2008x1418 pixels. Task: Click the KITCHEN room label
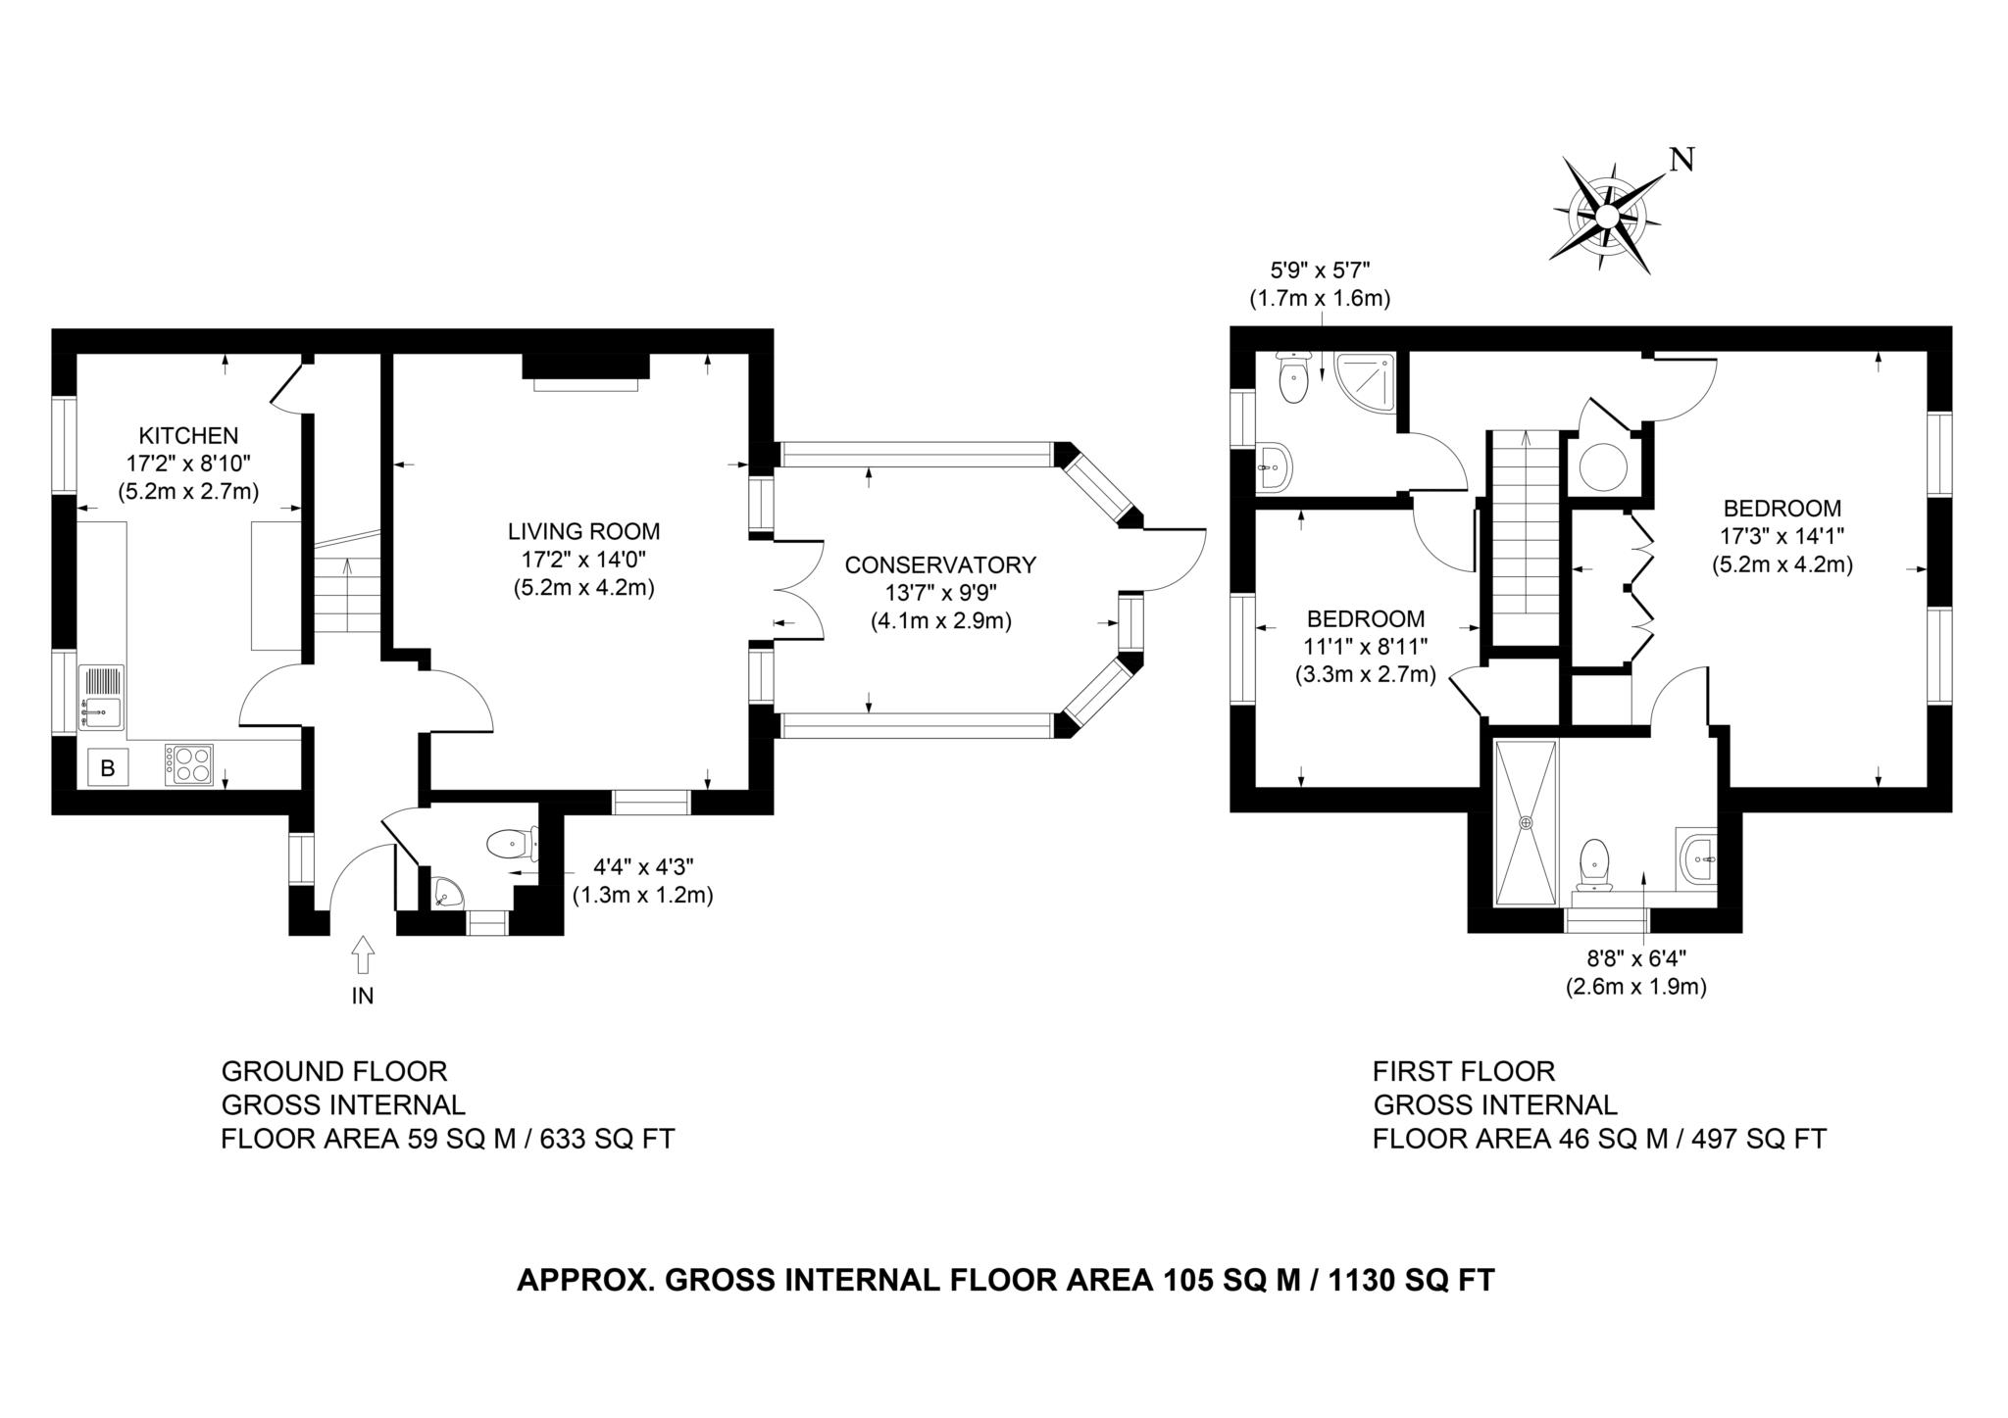click(188, 435)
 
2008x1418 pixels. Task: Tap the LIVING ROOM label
click(583, 532)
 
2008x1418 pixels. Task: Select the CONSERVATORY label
click(940, 565)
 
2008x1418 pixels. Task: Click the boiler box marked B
click(108, 768)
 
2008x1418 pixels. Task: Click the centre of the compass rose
click(1606, 216)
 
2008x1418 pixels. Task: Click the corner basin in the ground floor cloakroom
click(446, 893)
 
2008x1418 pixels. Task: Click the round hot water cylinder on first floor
click(1603, 465)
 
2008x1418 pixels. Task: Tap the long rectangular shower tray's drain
click(1526, 822)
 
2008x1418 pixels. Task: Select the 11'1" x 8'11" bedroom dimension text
click(1367, 646)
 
